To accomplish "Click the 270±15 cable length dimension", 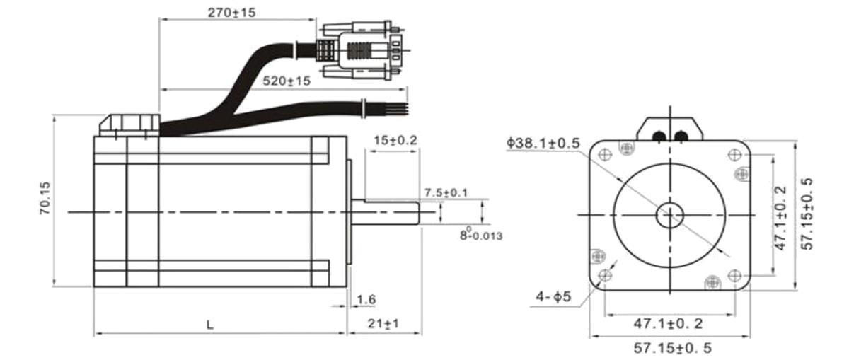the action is [231, 13].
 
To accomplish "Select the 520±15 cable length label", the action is [287, 81].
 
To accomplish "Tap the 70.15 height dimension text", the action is [45, 198].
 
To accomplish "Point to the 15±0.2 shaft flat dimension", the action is [395, 140].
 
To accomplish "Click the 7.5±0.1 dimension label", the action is [446, 192].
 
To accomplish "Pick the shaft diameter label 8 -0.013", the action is [481, 234].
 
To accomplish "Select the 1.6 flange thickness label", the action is [366, 299].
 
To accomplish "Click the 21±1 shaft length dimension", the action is [383, 324].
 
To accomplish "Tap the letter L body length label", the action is [210, 325].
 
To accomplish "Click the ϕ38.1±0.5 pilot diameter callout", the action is [543, 143].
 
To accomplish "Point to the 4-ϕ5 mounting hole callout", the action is [553, 296].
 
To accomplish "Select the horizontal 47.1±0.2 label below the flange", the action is [668, 324].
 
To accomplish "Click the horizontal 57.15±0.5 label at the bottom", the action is [672, 347].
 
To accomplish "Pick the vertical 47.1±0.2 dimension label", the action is [780, 218].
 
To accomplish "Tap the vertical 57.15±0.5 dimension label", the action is [807, 214].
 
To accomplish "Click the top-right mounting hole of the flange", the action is [734, 155].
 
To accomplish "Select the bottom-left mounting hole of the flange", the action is [605, 275].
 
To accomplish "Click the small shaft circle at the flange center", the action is [670, 215].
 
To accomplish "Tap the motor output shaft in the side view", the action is [385, 212].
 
